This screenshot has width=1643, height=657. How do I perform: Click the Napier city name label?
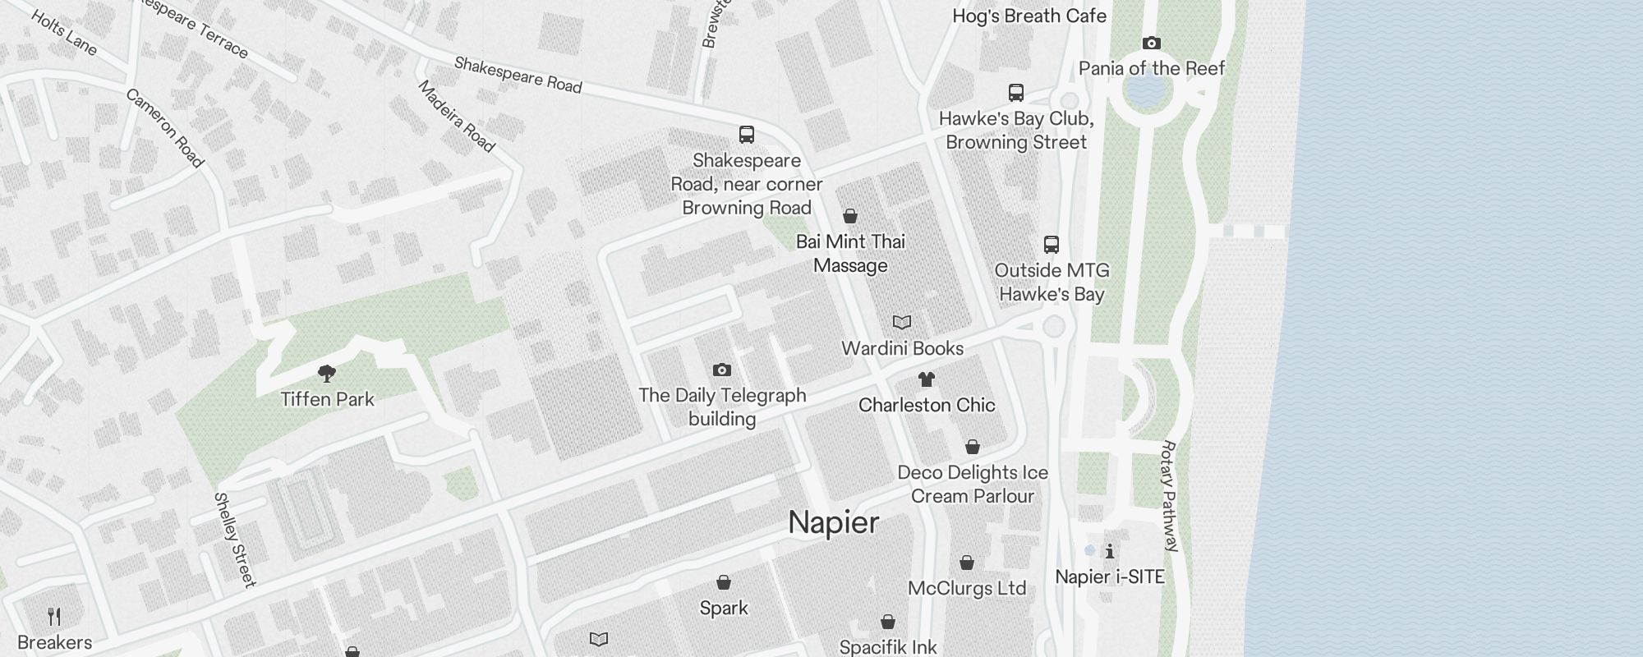pyautogui.click(x=834, y=523)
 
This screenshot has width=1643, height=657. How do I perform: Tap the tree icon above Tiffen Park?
pyautogui.click(x=327, y=374)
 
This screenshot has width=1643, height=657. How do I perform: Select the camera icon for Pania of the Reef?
pyautogui.click(x=1152, y=43)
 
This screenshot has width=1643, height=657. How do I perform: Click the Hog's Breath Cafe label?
pyautogui.click(x=1029, y=16)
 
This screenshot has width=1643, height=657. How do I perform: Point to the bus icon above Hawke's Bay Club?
pyautogui.click(x=1016, y=93)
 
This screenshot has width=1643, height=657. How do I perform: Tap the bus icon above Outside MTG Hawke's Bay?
pyautogui.click(x=1052, y=244)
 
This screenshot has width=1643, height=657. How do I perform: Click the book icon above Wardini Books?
pyautogui.click(x=902, y=323)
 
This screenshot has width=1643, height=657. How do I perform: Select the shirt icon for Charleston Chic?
pyautogui.click(x=927, y=379)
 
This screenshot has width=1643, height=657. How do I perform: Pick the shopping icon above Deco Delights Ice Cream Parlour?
pyautogui.click(x=973, y=447)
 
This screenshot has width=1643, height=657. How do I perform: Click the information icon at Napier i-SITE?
pyautogui.click(x=1110, y=551)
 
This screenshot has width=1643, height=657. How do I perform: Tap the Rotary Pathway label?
pyautogui.click(x=1171, y=496)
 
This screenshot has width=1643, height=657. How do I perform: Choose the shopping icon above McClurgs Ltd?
pyautogui.click(x=967, y=563)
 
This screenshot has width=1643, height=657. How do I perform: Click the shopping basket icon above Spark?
pyautogui.click(x=724, y=582)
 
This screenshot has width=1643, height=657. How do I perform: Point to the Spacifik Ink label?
pyautogui.click(x=888, y=647)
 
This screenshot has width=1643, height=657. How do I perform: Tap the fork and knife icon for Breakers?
pyautogui.click(x=54, y=617)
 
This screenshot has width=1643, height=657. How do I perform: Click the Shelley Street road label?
pyautogui.click(x=235, y=540)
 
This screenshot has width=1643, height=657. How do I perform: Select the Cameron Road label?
pyautogui.click(x=164, y=128)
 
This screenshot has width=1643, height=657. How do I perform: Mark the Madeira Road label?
pyautogui.click(x=457, y=117)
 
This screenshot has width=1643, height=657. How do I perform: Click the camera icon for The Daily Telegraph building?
pyautogui.click(x=722, y=370)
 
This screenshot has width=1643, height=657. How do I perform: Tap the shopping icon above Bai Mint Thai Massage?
pyautogui.click(x=850, y=216)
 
